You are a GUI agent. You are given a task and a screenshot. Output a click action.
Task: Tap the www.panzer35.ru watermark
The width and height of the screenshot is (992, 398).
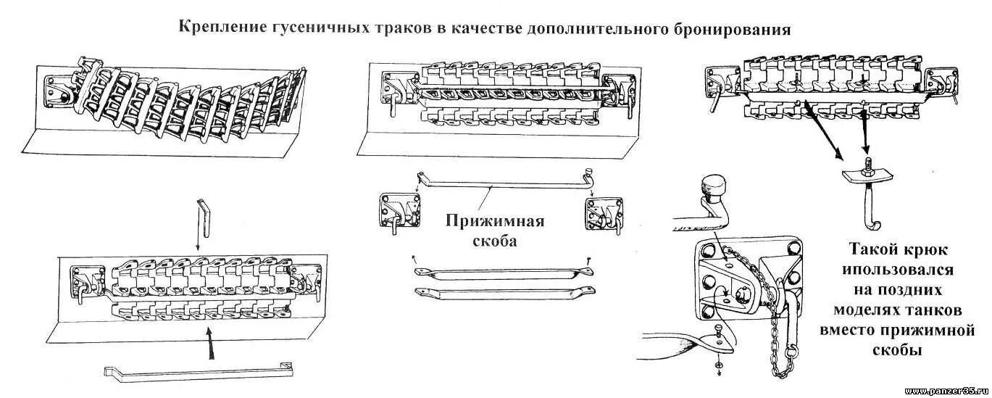pos(946,391)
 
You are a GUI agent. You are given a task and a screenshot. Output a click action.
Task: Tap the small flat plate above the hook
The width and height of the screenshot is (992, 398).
pos(864,175)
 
